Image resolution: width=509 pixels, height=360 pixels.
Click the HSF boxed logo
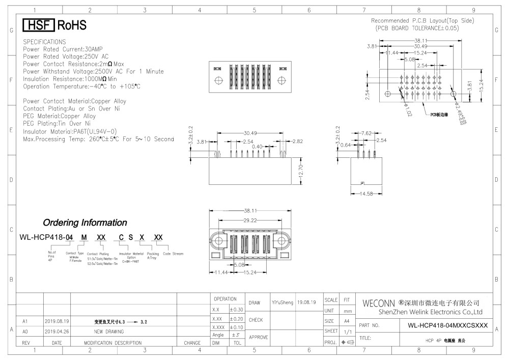[x=39, y=25]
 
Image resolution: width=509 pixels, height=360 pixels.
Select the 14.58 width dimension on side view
[x=366, y=194]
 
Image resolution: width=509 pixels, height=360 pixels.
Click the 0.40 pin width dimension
[x=258, y=147]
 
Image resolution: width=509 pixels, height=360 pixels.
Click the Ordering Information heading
[x=85, y=223]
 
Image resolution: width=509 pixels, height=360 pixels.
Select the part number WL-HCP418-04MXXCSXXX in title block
[x=448, y=325]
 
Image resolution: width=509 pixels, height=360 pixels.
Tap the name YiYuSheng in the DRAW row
[x=282, y=302]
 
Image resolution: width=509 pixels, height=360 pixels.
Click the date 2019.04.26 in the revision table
[x=56, y=331]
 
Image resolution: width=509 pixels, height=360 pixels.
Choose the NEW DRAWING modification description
[x=113, y=331]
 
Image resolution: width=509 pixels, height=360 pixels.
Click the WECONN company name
[x=379, y=304]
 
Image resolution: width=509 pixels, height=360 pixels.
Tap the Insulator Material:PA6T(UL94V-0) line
[x=70, y=131]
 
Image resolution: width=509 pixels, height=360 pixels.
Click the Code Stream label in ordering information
[x=173, y=254]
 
